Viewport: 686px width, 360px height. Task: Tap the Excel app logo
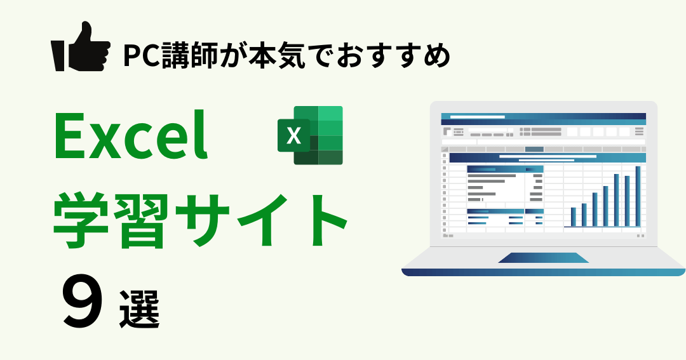pos(310,135)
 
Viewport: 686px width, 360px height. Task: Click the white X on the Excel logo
pos(293,136)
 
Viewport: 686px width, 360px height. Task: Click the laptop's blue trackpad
pos(543,258)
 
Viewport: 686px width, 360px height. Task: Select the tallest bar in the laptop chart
pos(638,196)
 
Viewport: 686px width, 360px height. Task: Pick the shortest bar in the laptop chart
pos(573,217)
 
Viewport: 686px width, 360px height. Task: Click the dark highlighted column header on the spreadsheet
pos(534,149)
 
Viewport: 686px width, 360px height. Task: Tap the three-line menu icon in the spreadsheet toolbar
pos(639,131)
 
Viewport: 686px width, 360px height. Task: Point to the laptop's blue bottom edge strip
pos(543,272)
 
